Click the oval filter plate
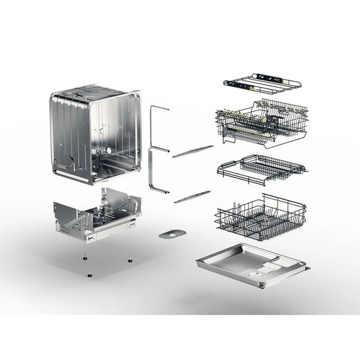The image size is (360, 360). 172,232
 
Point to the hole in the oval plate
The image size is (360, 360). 172,232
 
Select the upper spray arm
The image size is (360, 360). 192,151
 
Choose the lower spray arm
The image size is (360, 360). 192,196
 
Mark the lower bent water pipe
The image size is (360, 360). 155,171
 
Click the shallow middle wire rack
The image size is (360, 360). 262,167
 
